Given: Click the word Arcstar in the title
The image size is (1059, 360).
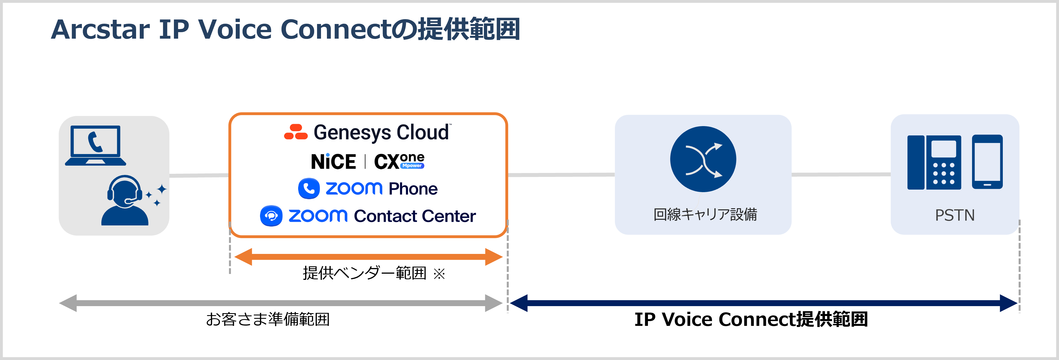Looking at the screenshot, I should (x=101, y=30).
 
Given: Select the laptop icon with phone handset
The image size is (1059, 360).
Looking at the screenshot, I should (x=95, y=146).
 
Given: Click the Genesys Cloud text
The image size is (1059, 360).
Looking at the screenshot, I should (x=381, y=132).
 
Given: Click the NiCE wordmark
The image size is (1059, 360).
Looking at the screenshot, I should (x=333, y=161).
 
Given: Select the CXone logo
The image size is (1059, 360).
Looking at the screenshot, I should (x=399, y=161).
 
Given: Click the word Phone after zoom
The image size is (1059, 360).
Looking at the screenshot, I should (x=413, y=189).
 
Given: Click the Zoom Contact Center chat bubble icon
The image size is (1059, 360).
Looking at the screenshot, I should (x=271, y=216).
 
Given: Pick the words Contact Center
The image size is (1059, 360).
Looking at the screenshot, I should (x=414, y=216).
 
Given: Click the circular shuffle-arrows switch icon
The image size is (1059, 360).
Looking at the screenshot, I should (x=703, y=159).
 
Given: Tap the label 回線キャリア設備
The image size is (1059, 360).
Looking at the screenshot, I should (x=705, y=214).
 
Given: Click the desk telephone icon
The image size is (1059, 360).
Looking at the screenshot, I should (x=934, y=162).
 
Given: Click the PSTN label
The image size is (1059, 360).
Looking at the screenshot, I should (x=955, y=215).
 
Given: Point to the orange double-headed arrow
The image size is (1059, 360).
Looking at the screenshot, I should (x=368, y=257).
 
